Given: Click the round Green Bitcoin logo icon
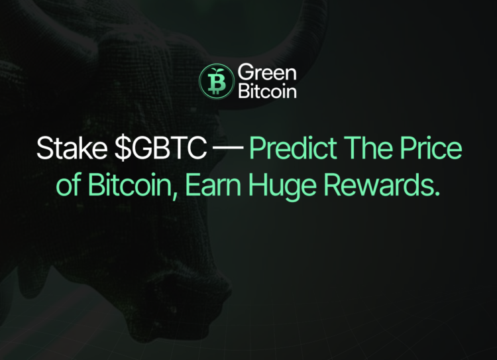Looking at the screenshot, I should tap(214, 81).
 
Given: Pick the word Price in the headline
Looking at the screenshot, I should tap(429, 150).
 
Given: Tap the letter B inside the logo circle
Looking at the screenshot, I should tap(214, 84).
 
